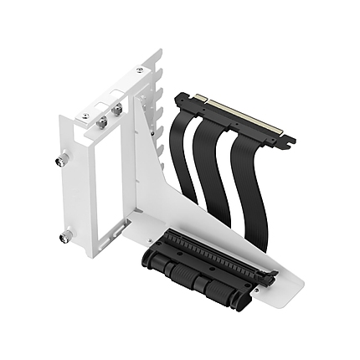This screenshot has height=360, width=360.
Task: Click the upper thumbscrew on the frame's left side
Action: (x=64, y=158)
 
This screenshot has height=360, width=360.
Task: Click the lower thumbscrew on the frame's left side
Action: (x=64, y=238)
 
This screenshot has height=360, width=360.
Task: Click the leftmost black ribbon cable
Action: (x=184, y=159)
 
